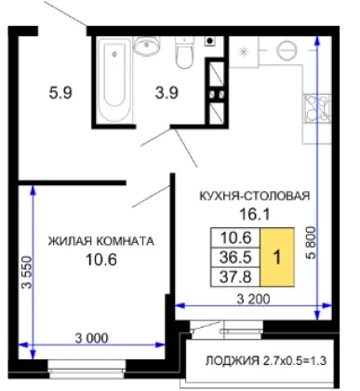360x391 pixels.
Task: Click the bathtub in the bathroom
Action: [x=114, y=79]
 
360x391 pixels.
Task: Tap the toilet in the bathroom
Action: [x=184, y=53]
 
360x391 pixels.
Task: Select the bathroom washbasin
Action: [x=146, y=46]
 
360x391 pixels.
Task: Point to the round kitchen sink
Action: [x=287, y=50]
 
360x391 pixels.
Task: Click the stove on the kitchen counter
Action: [x=316, y=107]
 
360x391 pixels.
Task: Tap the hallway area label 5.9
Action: [x=60, y=93]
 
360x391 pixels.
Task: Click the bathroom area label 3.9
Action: [x=167, y=93]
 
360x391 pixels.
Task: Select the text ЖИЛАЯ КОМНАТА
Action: [x=100, y=241]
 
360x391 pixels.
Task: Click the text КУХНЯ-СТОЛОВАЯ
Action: [x=254, y=195]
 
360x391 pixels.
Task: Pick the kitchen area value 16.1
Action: [x=255, y=214]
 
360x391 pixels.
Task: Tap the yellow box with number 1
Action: [x=277, y=257]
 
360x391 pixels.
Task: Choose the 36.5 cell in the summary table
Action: [x=235, y=257]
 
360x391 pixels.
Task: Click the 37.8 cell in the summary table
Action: [x=235, y=276]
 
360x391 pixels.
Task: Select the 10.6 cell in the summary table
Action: [x=235, y=238]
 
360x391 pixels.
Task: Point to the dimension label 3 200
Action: [x=253, y=299]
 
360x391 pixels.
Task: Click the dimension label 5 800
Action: [x=311, y=243]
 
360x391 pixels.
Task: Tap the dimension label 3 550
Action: [x=26, y=272]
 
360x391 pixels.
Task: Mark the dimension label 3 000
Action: [x=92, y=338]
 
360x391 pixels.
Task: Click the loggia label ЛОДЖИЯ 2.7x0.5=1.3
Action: [x=266, y=360]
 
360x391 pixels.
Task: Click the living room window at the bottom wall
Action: [x=87, y=369]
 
